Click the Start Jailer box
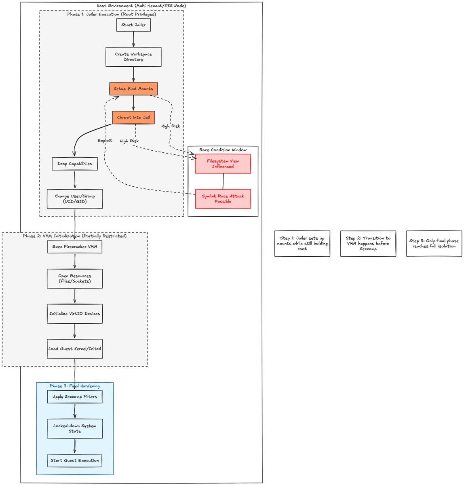(x=133, y=25)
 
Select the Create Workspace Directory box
(x=133, y=57)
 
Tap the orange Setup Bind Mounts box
(x=133, y=89)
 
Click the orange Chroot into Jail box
(x=133, y=117)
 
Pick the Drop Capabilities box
(x=75, y=164)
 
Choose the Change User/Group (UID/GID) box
(x=75, y=198)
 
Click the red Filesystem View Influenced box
(x=223, y=164)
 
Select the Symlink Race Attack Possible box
(x=223, y=198)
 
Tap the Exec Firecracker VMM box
(x=75, y=247)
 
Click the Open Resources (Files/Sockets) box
(x=75, y=278)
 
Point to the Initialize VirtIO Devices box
(x=75, y=314)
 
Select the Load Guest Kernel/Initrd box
(x=75, y=349)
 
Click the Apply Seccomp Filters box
(x=75, y=396)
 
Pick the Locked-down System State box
(x=75, y=428)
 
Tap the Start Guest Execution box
(x=75, y=460)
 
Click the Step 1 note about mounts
(x=302, y=243)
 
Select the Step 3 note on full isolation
(x=434, y=243)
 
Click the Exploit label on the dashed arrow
(x=105, y=141)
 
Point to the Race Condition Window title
(x=223, y=150)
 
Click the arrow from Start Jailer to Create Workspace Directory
(x=133, y=39)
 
